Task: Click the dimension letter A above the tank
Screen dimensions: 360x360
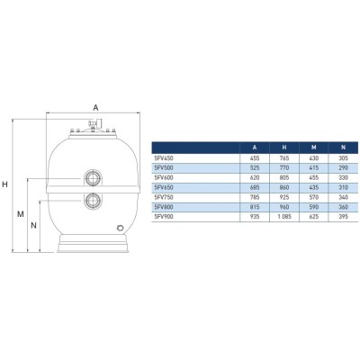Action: (x=95, y=107)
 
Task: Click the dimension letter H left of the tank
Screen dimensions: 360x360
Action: (x=4, y=184)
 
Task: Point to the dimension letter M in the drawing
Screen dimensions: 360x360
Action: (x=21, y=214)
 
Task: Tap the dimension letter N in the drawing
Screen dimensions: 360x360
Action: (x=33, y=225)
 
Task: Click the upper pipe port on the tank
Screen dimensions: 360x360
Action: (x=93, y=178)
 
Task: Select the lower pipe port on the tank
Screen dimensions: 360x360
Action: (x=93, y=201)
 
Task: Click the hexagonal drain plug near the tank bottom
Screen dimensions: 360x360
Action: (x=121, y=228)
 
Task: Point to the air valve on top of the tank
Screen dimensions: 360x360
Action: (x=94, y=124)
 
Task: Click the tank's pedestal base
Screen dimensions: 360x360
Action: (x=93, y=244)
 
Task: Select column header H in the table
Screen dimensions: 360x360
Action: (x=284, y=148)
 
